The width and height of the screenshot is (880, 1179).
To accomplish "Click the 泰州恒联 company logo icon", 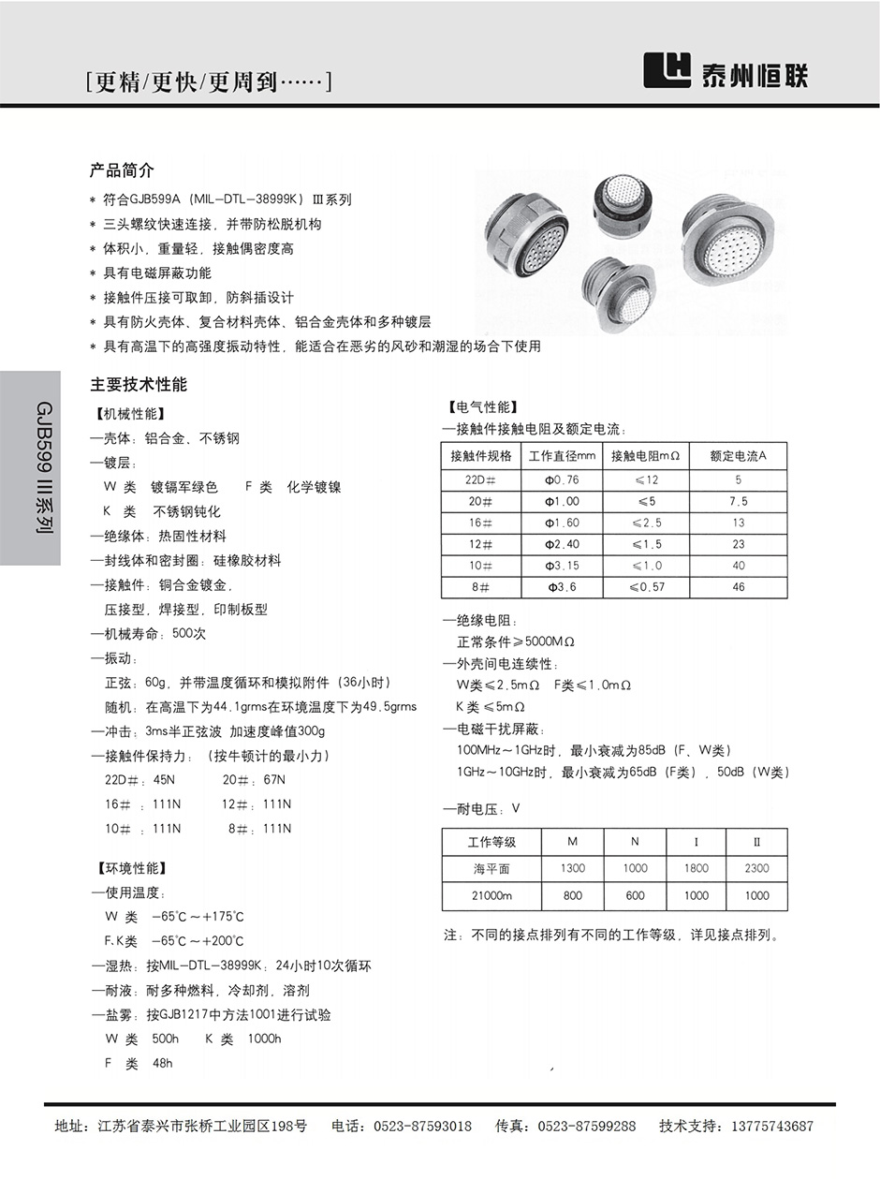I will click(x=667, y=69).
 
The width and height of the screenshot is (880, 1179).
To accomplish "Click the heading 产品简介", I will click(x=122, y=170).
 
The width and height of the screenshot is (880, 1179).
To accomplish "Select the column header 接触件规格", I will click(x=481, y=456).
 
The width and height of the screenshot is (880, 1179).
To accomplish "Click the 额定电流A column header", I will click(x=738, y=456).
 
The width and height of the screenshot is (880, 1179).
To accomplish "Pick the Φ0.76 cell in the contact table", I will click(x=562, y=479).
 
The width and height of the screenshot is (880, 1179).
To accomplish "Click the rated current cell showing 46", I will click(x=739, y=587).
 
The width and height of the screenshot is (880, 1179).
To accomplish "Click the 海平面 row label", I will click(x=491, y=868).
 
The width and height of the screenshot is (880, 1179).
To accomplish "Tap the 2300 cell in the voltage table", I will click(x=756, y=868).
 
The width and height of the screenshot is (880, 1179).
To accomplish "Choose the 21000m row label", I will click(x=492, y=895).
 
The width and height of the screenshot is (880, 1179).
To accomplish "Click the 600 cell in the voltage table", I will click(x=635, y=895).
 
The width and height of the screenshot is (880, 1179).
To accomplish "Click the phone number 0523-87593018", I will click(x=422, y=1127).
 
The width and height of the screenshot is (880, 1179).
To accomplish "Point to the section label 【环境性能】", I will click(x=131, y=868).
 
